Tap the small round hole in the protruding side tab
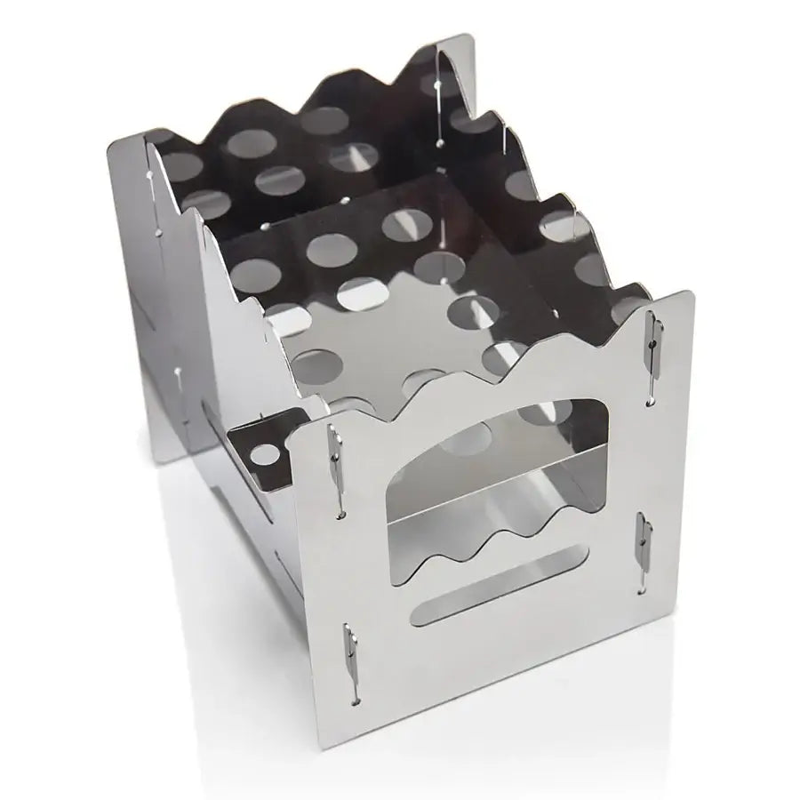(264, 456)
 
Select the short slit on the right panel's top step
(504, 142)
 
